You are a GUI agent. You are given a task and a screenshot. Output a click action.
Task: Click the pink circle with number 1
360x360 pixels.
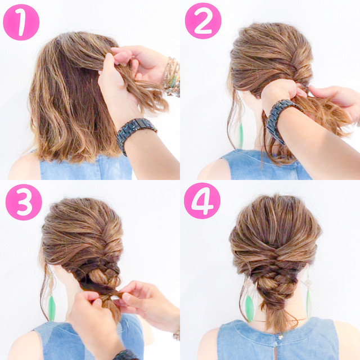21,22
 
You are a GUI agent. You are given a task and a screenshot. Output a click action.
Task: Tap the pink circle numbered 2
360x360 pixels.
203,21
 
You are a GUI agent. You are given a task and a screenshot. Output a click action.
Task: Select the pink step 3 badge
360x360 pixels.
24,202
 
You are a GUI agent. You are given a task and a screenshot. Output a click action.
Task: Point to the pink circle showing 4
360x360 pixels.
202,201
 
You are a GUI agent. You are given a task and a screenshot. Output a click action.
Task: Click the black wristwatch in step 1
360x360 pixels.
136,133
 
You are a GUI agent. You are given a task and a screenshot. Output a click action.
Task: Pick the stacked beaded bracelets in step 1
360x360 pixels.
172,77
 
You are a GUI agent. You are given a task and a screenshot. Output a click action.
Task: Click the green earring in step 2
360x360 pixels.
241,136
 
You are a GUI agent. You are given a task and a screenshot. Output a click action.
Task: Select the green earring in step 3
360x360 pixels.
52,308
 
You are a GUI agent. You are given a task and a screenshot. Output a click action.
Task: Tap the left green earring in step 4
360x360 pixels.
249,308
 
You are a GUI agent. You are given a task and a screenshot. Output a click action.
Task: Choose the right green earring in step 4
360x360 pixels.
309,303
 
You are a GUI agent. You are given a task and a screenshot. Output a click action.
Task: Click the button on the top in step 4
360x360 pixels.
280,337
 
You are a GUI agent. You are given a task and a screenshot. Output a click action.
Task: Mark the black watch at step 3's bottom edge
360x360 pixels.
125,355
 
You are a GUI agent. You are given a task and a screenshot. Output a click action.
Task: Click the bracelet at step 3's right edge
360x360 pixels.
177,335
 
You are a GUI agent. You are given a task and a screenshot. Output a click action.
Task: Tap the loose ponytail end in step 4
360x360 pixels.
277,318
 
